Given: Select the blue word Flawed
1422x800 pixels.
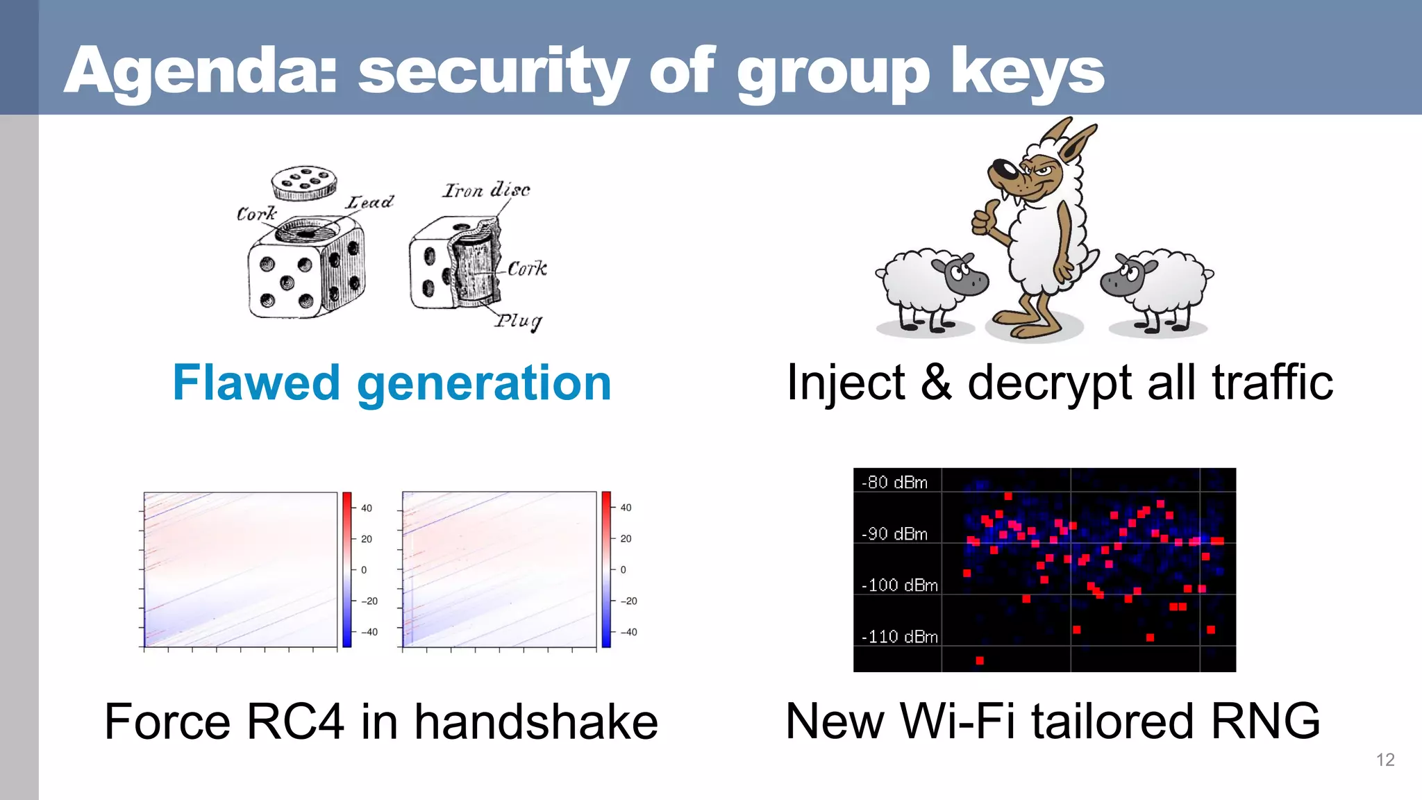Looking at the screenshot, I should pos(256,383).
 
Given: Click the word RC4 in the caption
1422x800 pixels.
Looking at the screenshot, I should pos(295,722).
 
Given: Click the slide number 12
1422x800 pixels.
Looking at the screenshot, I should pos(1385,760).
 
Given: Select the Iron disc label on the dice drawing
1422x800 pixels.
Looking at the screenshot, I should pos(486,190).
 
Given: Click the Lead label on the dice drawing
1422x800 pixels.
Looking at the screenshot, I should pos(370,202).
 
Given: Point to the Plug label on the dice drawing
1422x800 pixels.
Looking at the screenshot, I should pos(518,322).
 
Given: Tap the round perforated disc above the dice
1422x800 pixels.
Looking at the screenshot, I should pos(304,183).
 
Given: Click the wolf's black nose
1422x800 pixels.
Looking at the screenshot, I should pos(1001,169).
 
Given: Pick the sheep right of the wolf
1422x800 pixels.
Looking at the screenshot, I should pos(1157,288).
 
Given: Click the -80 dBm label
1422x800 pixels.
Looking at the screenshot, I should pos(894,482).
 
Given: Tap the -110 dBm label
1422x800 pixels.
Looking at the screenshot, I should pos(899,637).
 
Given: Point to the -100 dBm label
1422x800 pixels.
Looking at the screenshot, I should pos(899,585).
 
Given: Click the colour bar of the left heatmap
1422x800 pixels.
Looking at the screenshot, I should pos(347,569).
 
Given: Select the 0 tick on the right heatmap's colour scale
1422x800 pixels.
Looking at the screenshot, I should pos(623,569).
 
